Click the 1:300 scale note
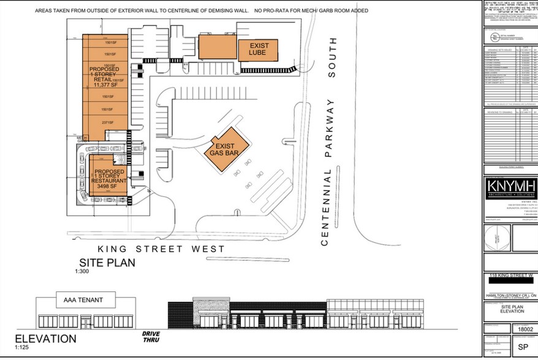(x=83, y=271)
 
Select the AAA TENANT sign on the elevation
(x=86, y=300)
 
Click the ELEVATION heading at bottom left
(x=45, y=339)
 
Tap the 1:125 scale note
(x=22, y=348)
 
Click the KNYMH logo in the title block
(x=510, y=186)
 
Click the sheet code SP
(x=522, y=346)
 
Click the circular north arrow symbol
(x=497, y=237)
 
